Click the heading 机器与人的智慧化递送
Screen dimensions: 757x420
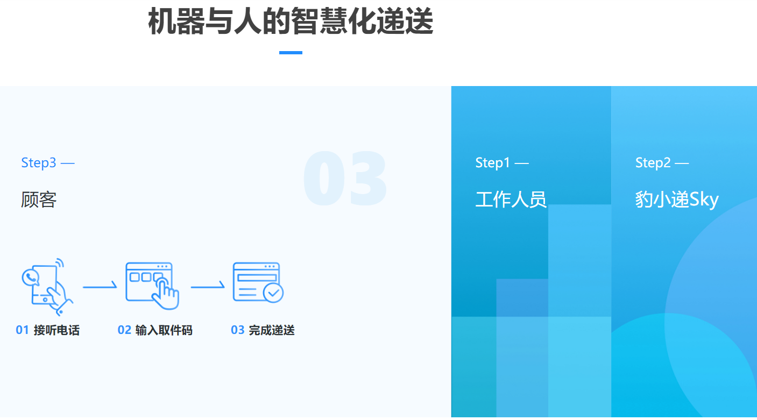pos(291,21)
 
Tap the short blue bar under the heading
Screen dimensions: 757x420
pos(291,53)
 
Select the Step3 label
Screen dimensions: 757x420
pos(48,163)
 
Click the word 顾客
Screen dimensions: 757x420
pos(39,200)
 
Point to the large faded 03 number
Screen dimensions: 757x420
pos(345,178)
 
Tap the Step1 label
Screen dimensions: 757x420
pos(502,163)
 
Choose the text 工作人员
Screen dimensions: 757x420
pos(511,200)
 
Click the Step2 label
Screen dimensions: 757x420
pos(662,163)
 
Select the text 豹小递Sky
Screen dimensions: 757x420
pos(677,200)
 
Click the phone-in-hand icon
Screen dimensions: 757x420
pos(47,287)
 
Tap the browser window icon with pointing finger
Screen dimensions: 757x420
pos(152,286)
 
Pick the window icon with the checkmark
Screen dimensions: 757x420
pos(258,282)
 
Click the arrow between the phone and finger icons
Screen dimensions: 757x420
pos(100,287)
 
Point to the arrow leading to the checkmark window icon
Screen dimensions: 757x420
pos(208,287)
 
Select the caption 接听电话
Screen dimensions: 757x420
pos(56,330)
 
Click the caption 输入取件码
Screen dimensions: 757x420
pos(164,330)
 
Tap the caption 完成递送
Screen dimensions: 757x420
pos(272,330)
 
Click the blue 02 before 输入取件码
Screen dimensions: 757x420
pos(124,330)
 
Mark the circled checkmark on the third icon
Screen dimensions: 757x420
pos(273,293)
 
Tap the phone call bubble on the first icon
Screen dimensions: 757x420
pos(31,277)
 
